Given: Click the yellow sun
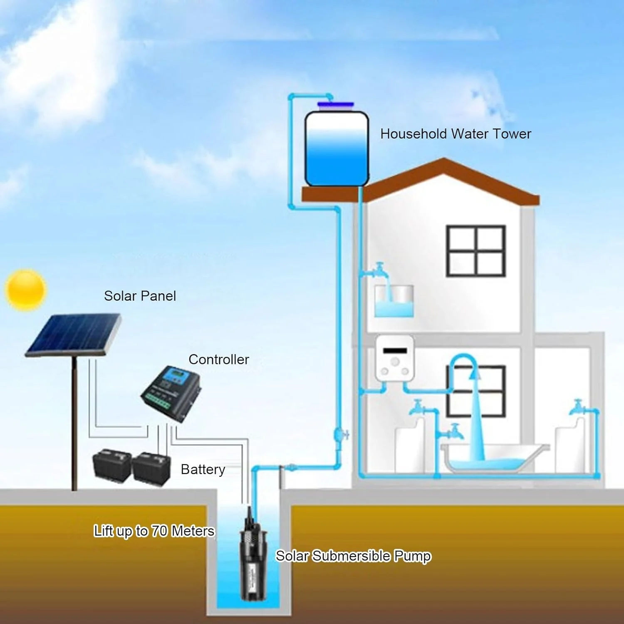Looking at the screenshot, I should (25, 290).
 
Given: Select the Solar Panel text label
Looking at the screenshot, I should (140, 296).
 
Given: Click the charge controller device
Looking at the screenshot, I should (171, 393).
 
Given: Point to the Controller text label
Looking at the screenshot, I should (218, 359).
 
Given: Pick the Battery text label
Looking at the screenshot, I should (203, 469).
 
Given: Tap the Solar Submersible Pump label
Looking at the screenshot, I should (353, 556).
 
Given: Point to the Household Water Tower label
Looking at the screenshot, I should (456, 134).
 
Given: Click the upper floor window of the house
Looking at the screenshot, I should (475, 251).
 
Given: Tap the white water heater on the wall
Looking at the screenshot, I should (394, 358).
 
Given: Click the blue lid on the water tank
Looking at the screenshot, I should (335, 105).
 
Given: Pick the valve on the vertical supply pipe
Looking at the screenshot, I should (340, 435).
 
